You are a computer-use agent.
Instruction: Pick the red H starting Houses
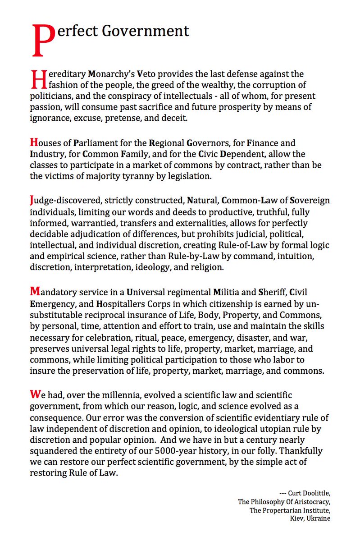[x=33, y=142]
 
